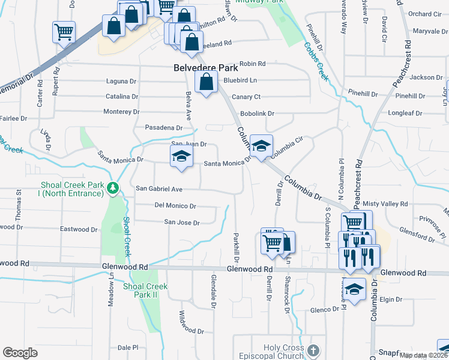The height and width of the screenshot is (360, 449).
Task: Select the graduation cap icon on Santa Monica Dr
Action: click(180, 157)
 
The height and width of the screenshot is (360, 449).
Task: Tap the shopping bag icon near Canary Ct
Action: click(206, 83)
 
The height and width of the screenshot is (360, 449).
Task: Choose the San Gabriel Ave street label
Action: click(158, 188)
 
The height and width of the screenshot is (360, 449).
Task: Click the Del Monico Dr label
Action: click(175, 206)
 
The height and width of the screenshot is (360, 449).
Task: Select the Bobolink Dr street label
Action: click(257, 113)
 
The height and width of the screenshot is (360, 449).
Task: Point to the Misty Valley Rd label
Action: click(390, 204)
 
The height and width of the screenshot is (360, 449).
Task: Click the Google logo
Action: click(20, 352)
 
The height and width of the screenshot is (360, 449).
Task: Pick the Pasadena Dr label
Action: click(164, 128)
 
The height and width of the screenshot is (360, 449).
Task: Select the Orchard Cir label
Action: click(424, 14)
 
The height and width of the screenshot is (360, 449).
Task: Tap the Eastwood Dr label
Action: click(79, 229)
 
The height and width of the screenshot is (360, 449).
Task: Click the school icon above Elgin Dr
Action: click(354, 290)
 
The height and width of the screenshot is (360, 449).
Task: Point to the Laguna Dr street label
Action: click(121, 81)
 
